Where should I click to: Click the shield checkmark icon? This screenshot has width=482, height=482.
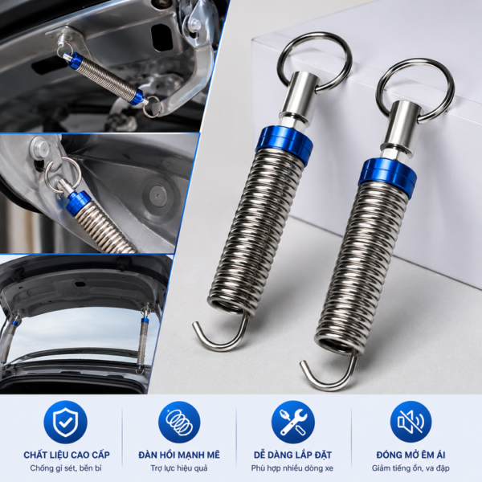point(66,422)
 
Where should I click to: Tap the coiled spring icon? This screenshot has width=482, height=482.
point(179,422)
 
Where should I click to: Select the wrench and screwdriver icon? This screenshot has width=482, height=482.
point(293,422)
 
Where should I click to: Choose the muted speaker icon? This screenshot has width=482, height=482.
point(411,422)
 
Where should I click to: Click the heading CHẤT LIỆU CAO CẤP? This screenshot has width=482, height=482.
point(67,455)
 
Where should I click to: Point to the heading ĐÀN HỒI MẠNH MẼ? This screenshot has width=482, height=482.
point(179,455)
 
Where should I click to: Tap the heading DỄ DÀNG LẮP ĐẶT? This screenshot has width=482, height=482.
point(292,455)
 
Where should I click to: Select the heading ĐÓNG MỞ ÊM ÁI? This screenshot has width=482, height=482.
point(411,455)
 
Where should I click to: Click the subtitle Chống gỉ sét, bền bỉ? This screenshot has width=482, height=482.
point(66,468)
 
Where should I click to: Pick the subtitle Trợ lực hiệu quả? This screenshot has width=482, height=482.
point(179,469)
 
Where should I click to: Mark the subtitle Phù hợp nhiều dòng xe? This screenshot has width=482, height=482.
point(292,469)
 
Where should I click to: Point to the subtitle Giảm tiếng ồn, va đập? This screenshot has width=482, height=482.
point(411,469)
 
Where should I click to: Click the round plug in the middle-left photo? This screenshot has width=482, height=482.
point(158,195)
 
